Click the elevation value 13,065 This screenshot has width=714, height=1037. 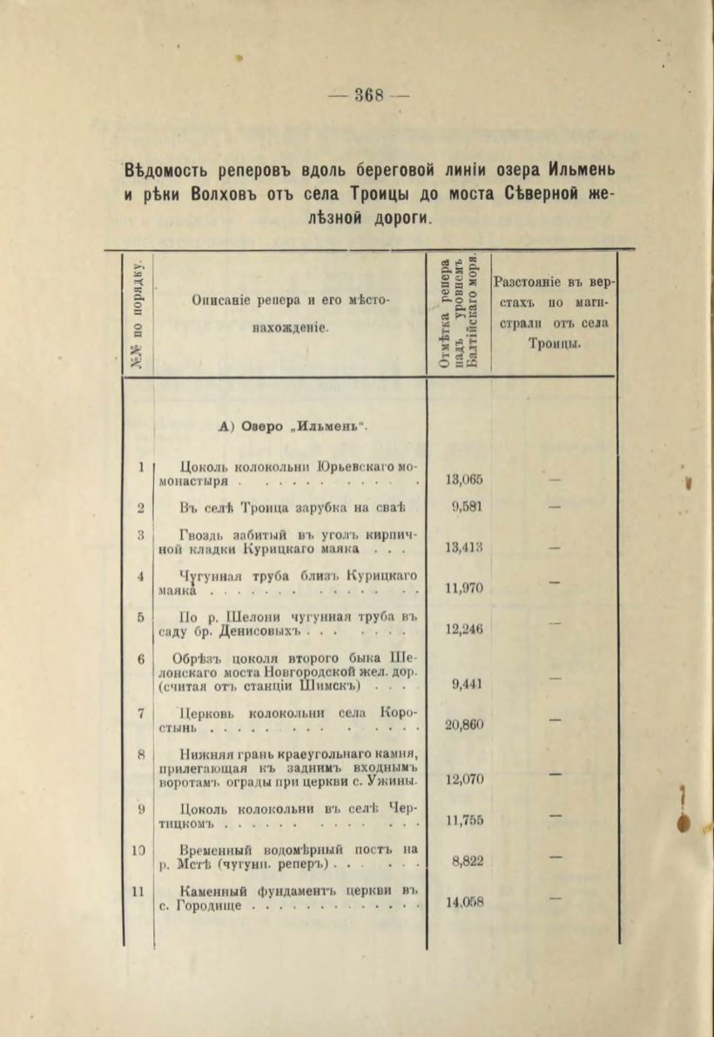click(x=465, y=480)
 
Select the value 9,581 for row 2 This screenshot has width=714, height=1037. click(x=468, y=508)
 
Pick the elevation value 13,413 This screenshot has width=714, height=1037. click(x=465, y=548)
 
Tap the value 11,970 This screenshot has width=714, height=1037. click(x=465, y=588)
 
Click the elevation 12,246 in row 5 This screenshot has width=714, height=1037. click(x=465, y=629)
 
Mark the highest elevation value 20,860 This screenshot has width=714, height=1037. click(x=465, y=725)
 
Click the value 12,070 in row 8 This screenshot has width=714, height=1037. click(x=465, y=780)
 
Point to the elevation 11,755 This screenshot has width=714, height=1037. click(x=465, y=821)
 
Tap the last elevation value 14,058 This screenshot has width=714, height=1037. click(x=465, y=903)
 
